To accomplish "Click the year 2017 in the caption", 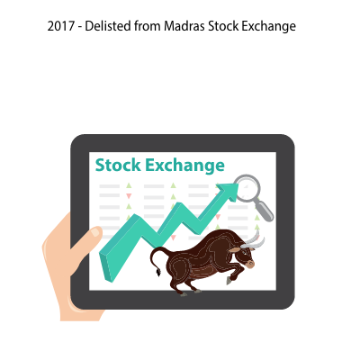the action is tap(60, 26).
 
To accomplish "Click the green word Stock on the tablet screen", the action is tap(118, 166).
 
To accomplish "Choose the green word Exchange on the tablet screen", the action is tap(184, 166).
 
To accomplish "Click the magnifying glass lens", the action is tap(247, 188).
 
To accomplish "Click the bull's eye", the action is tap(244, 253).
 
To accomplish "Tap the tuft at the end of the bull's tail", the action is tap(157, 273).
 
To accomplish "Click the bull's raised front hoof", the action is tap(229, 281).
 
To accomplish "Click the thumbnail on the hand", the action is tap(96, 232).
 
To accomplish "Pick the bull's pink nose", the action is tap(250, 264).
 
